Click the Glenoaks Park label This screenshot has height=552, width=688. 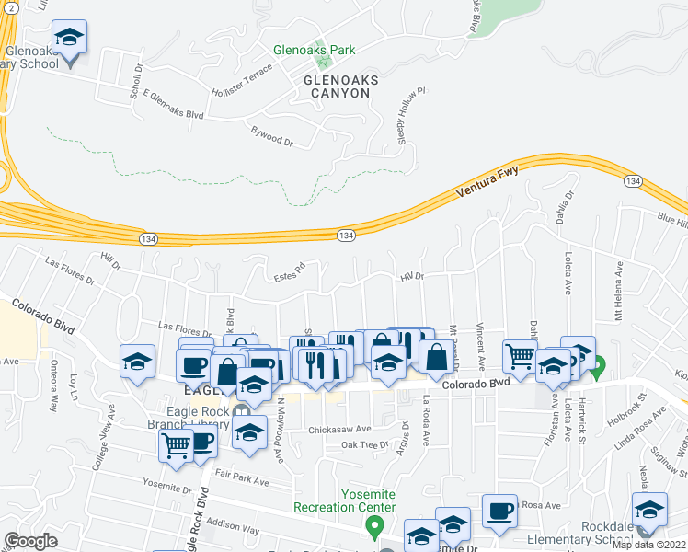[x=314, y=50]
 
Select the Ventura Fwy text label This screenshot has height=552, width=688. [x=487, y=187]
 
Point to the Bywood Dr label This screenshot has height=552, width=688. [x=271, y=137]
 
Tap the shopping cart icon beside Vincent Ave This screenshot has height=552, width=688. [x=521, y=355]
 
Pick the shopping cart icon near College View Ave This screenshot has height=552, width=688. [x=176, y=446]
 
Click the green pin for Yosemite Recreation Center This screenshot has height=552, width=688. [x=373, y=527]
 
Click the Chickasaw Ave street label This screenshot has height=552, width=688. [x=339, y=429]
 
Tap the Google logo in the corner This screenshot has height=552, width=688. [x=29, y=540]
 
